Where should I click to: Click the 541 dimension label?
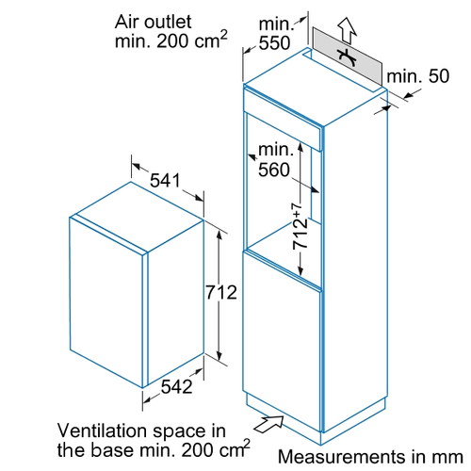165,180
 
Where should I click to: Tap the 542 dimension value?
176,386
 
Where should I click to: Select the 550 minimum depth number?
274,43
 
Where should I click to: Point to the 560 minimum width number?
274,170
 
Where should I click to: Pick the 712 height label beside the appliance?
221,293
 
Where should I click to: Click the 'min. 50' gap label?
418,76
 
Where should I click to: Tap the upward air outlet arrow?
348,30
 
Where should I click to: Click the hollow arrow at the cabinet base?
268,424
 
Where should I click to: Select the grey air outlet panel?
348,57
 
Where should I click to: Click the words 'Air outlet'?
153,22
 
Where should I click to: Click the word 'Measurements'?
341,457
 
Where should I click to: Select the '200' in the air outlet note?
172,41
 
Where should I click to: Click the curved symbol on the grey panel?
347,57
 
